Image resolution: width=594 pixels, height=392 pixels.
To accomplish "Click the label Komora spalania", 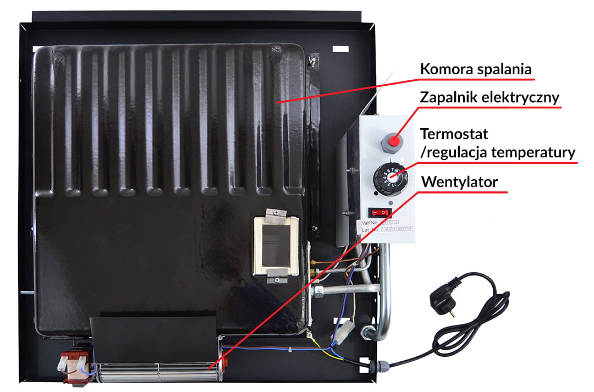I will point(476,70).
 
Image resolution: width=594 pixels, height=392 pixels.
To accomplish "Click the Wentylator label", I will point(459,181).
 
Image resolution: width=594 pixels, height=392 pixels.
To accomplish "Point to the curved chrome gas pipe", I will point(382,308).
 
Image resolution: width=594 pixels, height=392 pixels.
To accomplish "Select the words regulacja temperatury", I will point(497,152).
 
